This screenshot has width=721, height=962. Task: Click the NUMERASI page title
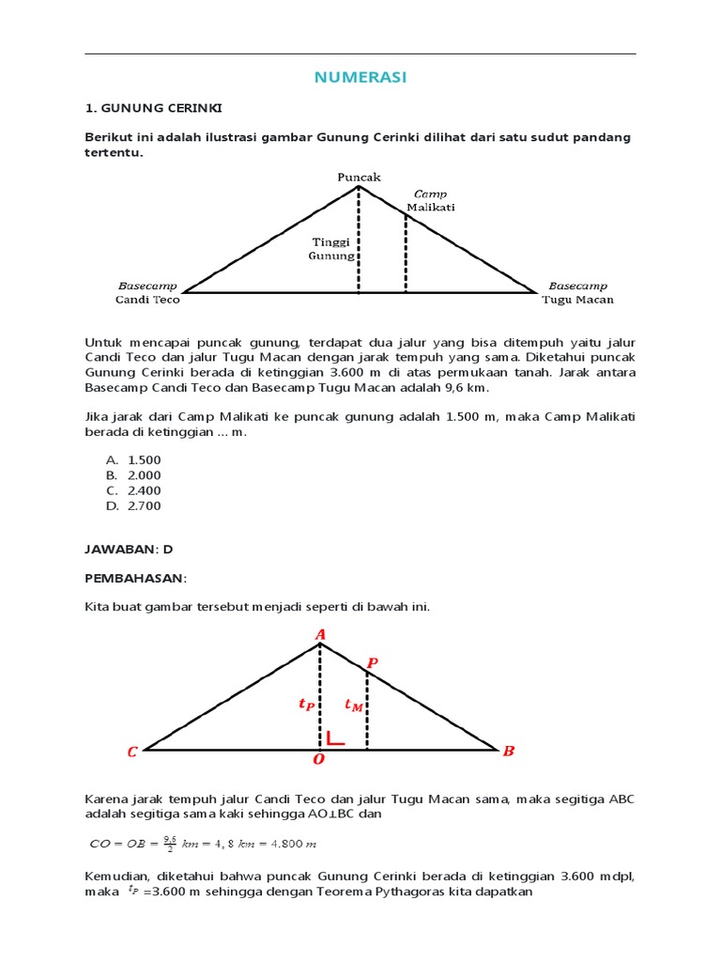pyautogui.click(x=360, y=78)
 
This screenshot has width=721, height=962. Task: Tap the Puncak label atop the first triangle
pyautogui.click(x=360, y=177)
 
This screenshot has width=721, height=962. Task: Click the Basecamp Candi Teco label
pyautogui.click(x=147, y=292)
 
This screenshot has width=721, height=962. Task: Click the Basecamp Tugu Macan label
pyautogui.click(x=577, y=292)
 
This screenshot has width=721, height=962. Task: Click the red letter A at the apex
pyautogui.click(x=320, y=635)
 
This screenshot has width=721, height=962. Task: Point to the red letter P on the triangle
pyautogui.click(x=372, y=663)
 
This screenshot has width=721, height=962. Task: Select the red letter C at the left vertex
pyautogui.click(x=132, y=752)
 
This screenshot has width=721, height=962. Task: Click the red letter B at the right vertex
pyautogui.click(x=508, y=751)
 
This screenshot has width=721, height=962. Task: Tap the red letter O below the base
pyautogui.click(x=319, y=758)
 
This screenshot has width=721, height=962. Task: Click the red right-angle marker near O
pyautogui.click(x=334, y=738)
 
